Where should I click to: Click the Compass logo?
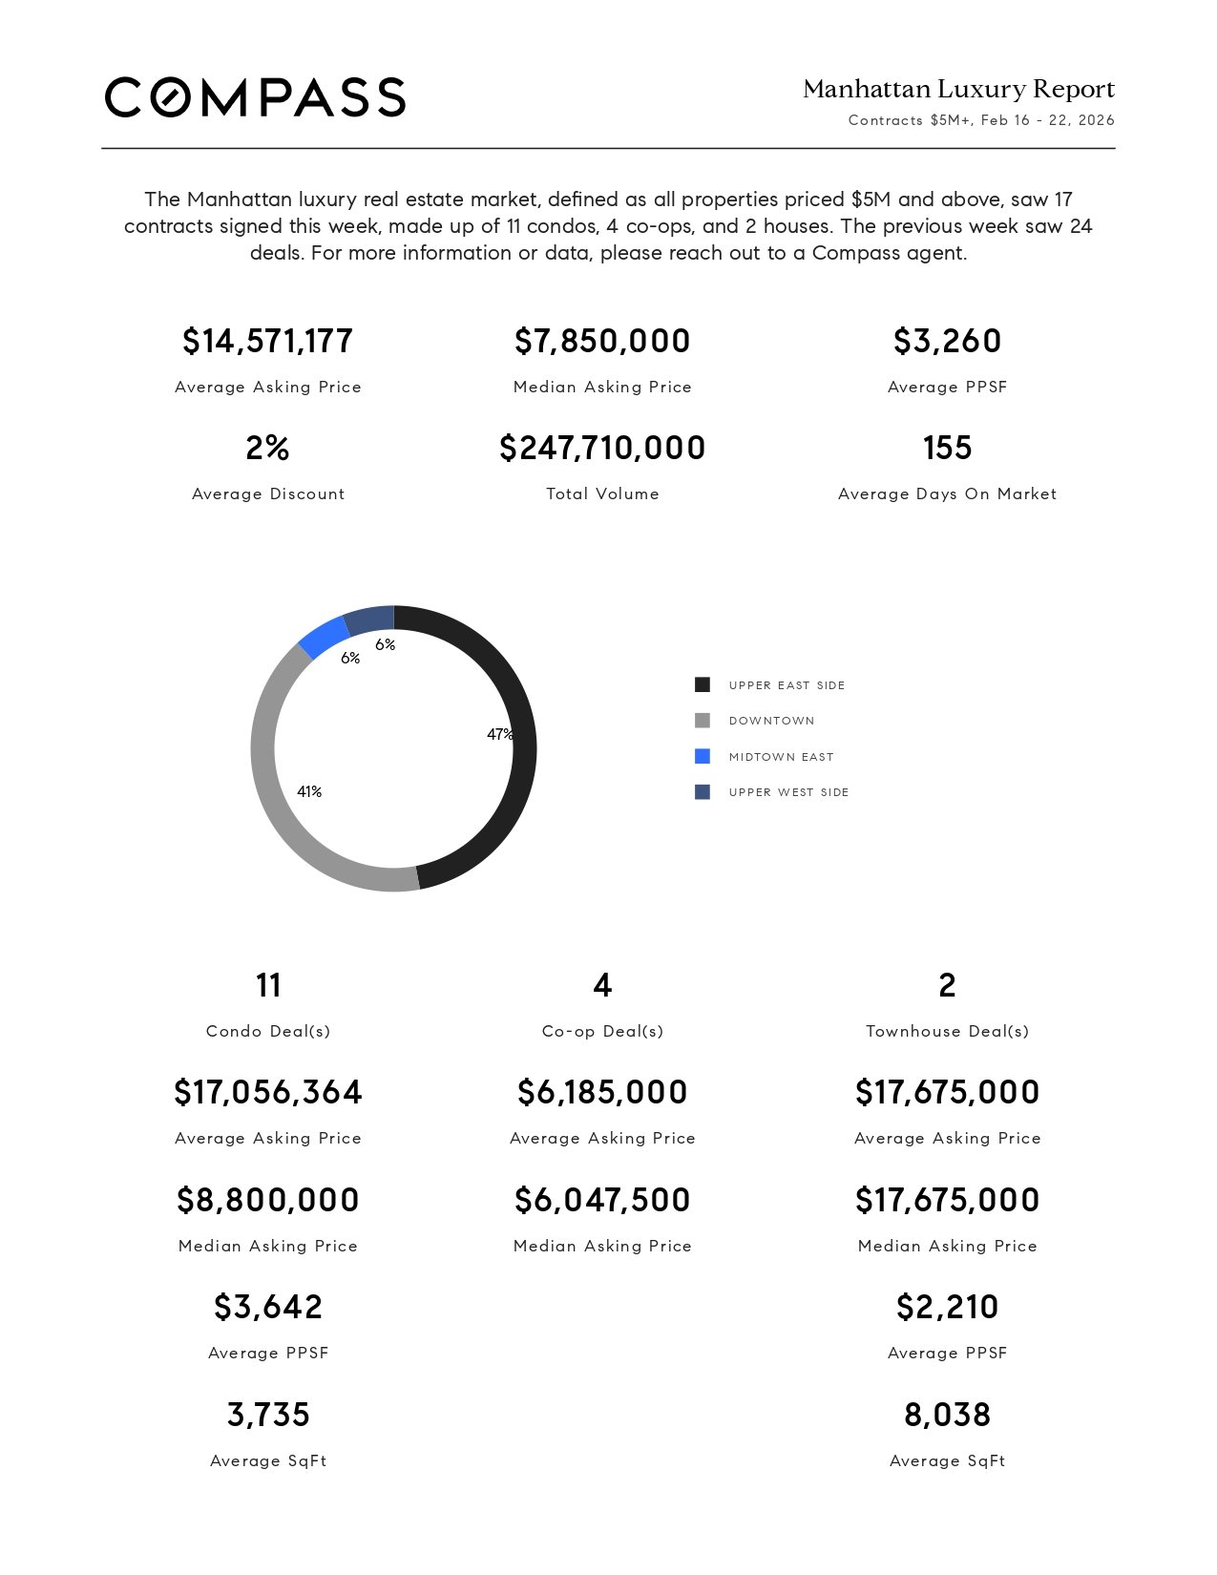pos(255,97)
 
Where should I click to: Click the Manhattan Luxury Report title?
pos(958,90)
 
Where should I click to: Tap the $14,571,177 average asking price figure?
pos(268,341)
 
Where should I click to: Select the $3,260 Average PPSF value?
pos(947,341)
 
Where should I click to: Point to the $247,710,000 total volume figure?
pos(602,448)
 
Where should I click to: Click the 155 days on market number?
pos(947,448)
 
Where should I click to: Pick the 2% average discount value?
pos(268,448)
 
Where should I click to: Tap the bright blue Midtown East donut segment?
pos(323,637)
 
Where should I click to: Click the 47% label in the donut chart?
pos(499,734)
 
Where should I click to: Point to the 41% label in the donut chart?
pos(309,791)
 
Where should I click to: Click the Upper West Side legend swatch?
pos(703,792)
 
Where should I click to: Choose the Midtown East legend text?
pos(781,757)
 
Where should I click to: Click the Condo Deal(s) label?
pos(268,1031)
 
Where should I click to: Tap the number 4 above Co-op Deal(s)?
pos(602,985)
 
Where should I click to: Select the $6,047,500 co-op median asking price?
pos(602,1200)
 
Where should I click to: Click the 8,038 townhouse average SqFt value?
pos(947,1415)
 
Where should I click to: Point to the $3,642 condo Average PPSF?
pos(268,1307)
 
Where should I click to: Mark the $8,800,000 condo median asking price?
pos(268,1200)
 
